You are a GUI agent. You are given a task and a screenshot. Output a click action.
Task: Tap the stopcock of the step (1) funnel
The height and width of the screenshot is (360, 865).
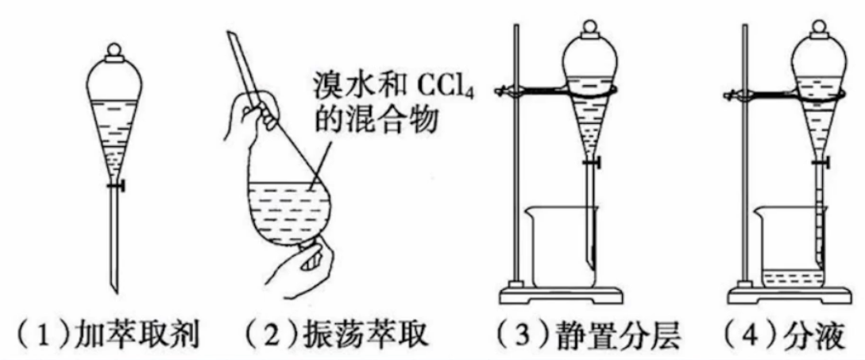tap(116, 188)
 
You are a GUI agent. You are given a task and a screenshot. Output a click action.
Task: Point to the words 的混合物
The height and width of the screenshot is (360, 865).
tap(375, 120)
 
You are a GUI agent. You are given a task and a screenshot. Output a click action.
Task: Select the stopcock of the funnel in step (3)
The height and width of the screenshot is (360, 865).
tap(593, 162)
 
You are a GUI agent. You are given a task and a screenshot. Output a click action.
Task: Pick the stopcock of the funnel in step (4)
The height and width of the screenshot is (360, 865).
tap(821, 162)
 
